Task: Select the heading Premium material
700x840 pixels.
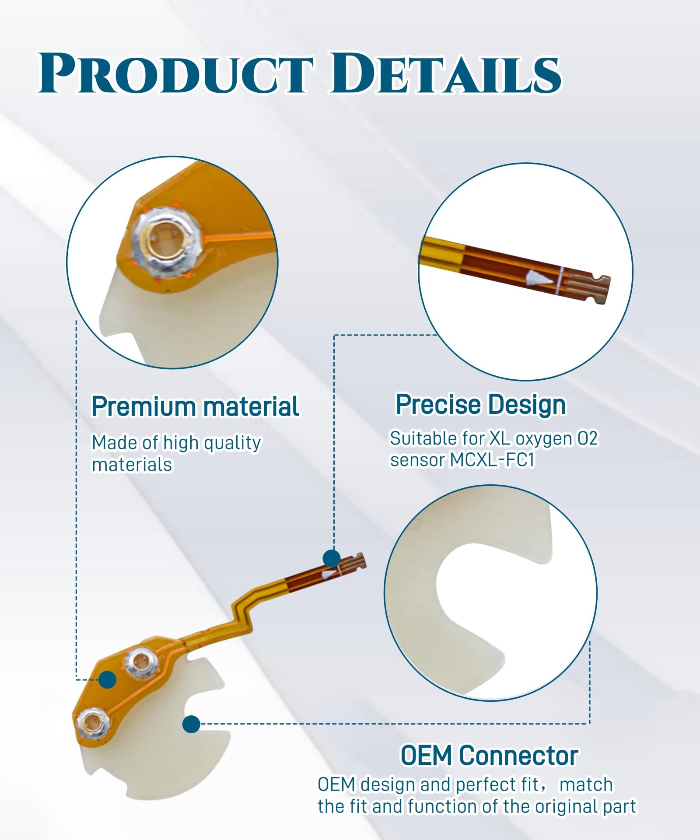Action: pos(195,406)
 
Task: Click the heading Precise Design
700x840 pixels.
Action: pos(480,405)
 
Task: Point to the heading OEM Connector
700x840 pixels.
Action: pos(489,755)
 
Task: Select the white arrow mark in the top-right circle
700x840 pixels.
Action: pos(537,278)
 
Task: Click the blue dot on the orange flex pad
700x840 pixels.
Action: pos(107,679)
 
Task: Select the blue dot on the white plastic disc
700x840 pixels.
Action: pos(191,724)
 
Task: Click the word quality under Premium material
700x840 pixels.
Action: pos(232,443)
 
